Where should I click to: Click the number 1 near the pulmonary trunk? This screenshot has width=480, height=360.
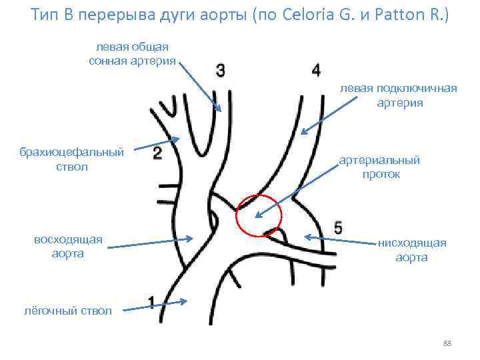click(x=153, y=303)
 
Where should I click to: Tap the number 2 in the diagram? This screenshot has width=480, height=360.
click(x=158, y=154)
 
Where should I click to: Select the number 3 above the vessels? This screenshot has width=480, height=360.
click(x=221, y=70)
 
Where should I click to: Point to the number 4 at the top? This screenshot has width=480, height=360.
click(x=315, y=70)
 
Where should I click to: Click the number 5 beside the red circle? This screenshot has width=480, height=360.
click(x=338, y=227)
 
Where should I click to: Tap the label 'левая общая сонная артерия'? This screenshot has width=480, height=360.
click(x=132, y=54)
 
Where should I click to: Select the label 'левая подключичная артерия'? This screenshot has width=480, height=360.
click(x=399, y=95)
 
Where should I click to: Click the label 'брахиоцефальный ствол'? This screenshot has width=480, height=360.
click(x=72, y=159)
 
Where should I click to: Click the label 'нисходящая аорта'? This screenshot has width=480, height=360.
click(x=411, y=250)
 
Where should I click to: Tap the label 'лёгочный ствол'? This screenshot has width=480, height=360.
click(x=67, y=311)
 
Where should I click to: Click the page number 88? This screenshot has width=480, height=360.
click(x=447, y=343)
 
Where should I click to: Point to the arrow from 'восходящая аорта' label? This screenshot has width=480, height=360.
click(x=150, y=242)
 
